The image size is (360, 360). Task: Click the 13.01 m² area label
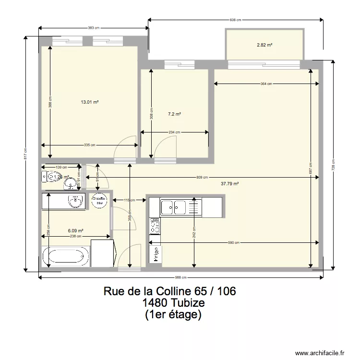[90, 102]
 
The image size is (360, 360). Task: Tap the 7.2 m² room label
[174, 114]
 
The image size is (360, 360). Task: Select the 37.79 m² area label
[230, 183]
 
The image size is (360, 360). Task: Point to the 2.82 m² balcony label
[264, 45]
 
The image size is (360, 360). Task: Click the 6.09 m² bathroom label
[76, 230]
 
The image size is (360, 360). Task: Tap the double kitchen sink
[173, 207]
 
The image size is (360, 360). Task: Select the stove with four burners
[155, 226]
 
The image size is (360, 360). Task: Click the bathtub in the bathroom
[67, 256]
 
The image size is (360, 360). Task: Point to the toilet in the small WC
[49, 177]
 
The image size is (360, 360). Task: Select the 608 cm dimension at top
[235, 20]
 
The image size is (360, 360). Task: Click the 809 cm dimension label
[203, 178]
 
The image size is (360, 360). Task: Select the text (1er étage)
[173, 315]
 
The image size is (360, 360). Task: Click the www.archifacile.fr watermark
[321, 352]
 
